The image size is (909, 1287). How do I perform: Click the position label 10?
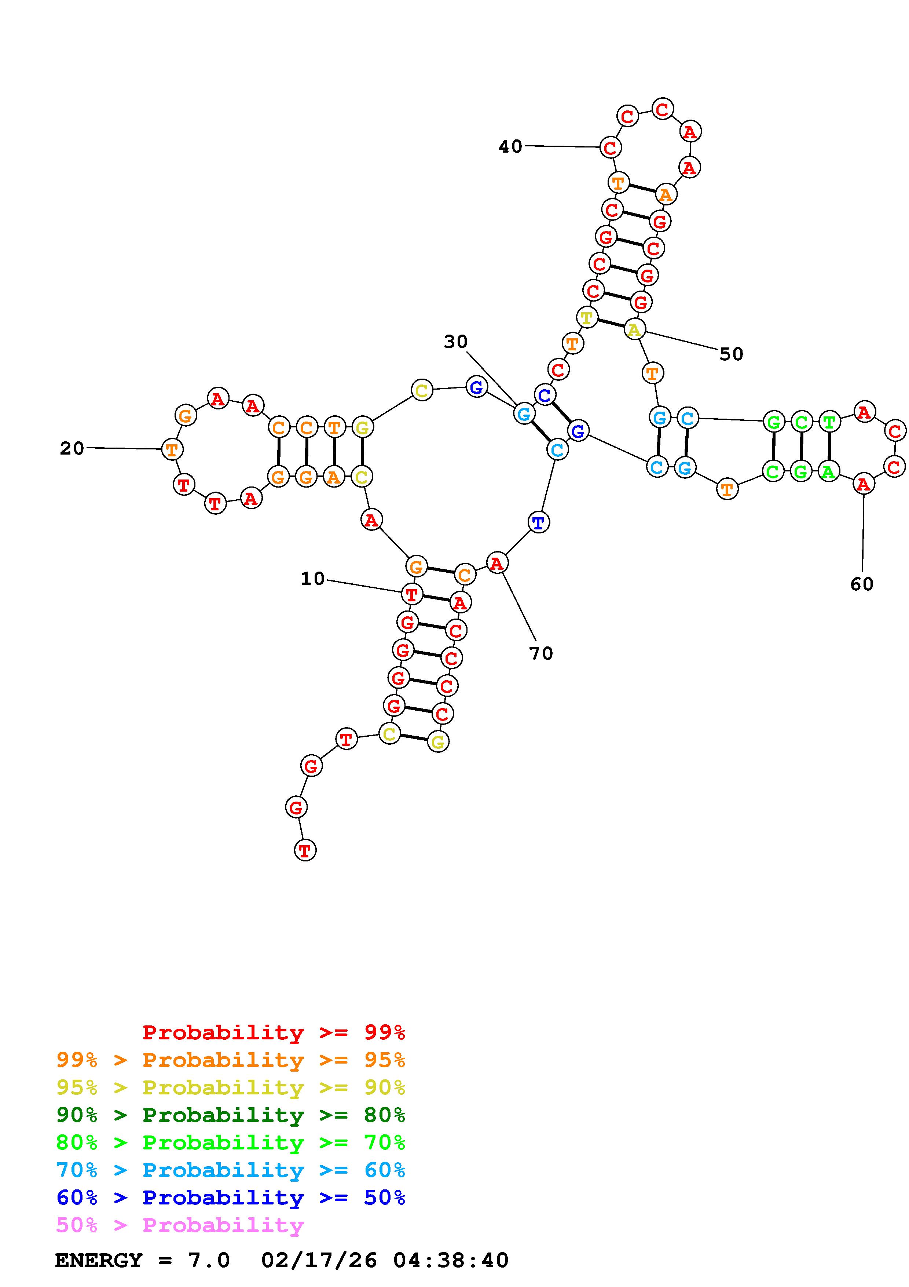(x=312, y=579)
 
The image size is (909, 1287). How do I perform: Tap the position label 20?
(x=72, y=448)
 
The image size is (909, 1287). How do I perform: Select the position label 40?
(x=510, y=146)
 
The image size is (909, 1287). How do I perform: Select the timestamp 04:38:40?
(x=451, y=1260)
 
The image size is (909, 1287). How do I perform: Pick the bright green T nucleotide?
(x=829, y=422)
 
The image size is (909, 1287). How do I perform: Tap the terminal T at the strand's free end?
(x=305, y=850)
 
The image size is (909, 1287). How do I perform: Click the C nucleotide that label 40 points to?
(x=610, y=147)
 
